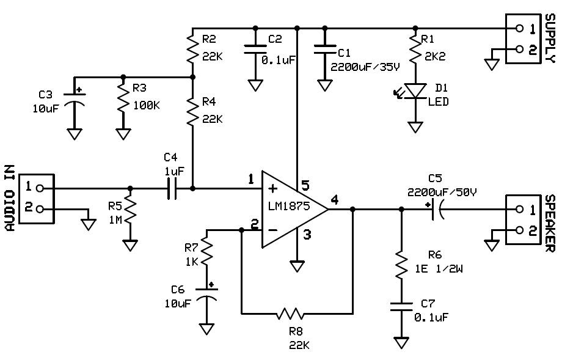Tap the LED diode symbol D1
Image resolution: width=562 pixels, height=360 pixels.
415,90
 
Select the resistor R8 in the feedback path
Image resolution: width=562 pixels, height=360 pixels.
291,314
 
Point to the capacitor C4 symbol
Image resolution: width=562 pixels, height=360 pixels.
172,189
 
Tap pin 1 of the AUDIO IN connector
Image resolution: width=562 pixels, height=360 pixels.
40,188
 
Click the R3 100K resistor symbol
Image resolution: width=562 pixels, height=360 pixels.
123,103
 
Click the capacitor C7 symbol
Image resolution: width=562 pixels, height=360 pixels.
401,306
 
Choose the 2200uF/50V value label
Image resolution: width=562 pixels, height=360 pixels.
442,191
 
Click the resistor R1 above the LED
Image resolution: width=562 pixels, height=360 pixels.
415,51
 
